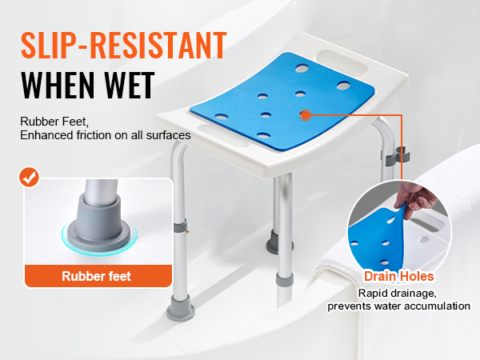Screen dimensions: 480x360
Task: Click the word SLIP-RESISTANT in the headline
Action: pyautogui.click(x=124, y=46)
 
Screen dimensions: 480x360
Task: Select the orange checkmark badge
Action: pyautogui.click(x=29, y=177)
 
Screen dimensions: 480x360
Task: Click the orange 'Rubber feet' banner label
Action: pyautogui.click(x=97, y=276)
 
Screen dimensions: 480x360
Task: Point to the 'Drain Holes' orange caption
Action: pyautogui.click(x=398, y=276)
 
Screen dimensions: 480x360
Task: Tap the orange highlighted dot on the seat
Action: pyautogui.click(x=305, y=115)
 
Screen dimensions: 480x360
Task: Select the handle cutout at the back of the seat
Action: pyautogui.click(x=342, y=64)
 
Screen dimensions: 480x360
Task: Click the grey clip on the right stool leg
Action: pyautogui.click(x=398, y=155)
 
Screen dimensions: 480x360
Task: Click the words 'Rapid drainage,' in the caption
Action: pyautogui.click(x=398, y=293)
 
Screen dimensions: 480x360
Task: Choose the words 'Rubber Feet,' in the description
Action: pyautogui.click(x=54, y=122)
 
